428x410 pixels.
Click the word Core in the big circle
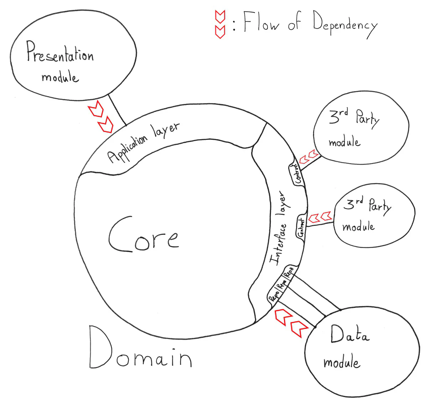click(x=143, y=236)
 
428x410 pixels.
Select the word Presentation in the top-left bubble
click(x=60, y=53)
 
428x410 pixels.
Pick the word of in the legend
click(x=294, y=22)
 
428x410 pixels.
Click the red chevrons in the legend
click(x=220, y=24)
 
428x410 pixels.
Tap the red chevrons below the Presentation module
click(x=101, y=117)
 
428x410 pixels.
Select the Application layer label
click(x=143, y=142)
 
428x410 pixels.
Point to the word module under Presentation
click(x=60, y=77)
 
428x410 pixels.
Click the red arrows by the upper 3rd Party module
click(x=309, y=157)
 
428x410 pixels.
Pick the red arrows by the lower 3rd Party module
click(x=320, y=217)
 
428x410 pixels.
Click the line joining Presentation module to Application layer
click(x=117, y=109)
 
